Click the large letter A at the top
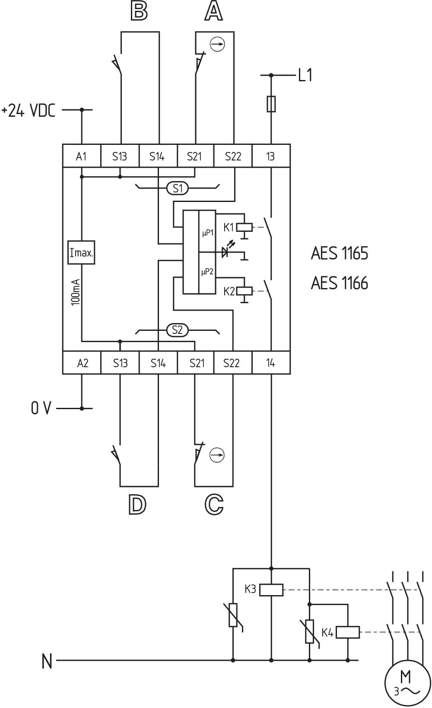pyautogui.click(x=213, y=12)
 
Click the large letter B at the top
pyautogui.click(x=139, y=12)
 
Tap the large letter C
pyautogui.click(x=213, y=505)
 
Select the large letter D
pyautogui.click(x=137, y=505)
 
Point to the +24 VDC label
pyautogui.click(x=29, y=111)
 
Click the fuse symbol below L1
pyautogui.click(x=271, y=104)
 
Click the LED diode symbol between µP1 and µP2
pyautogui.click(x=226, y=252)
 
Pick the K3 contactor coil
pyautogui.click(x=271, y=590)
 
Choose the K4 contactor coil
pyautogui.click(x=347, y=633)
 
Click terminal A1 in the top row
pyautogui.click(x=81, y=156)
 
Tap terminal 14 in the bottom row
pyautogui.click(x=270, y=363)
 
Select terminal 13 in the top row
pyautogui.click(x=270, y=156)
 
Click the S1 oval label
pyautogui.click(x=178, y=189)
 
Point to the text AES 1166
pyautogui.click(x=340, y=283)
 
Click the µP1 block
pyautogui.click(x=207, y=233)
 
